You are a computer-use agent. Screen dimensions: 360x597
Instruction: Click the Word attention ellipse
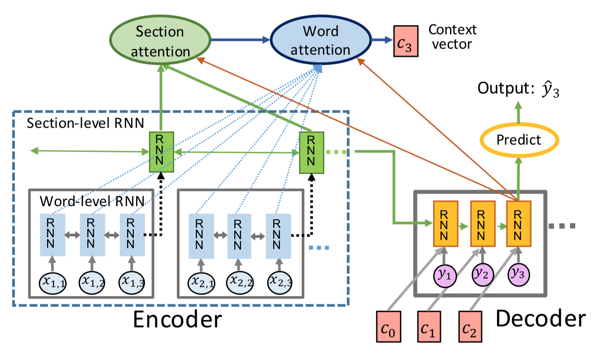pyautogui.click(x=320, y=41)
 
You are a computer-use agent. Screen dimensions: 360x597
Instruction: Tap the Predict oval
pyautogui.click(x=518, y=140)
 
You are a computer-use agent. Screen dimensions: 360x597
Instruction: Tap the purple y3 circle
pyautogui.click(x=518, y=273)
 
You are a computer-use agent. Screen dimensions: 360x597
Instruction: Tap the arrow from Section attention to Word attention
pyautogui.click(x=240, y=40)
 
